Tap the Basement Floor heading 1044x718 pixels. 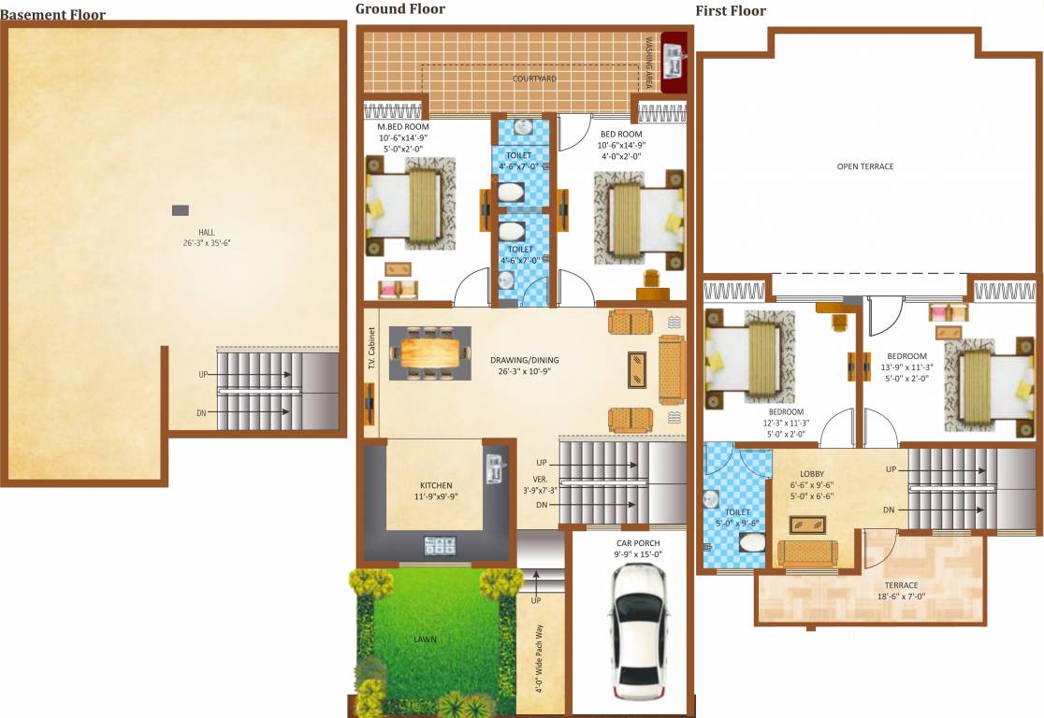(53, 15)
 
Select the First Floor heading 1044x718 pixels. (731, 11)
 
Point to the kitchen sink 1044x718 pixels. (494, 468)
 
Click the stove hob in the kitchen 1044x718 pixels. (440, 545)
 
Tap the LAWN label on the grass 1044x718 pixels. (426, 639)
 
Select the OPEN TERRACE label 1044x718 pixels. (864, 166)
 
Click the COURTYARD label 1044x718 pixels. (534, 79)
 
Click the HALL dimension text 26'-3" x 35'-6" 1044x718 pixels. (207, 243)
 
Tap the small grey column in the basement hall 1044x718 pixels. (181, 209)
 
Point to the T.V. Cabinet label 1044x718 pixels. (371, 349)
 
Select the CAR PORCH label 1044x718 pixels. (638, 543)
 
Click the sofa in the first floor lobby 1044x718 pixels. (807, 553)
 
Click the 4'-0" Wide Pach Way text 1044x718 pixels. (538, 659)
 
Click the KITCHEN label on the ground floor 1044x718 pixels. (436, 486)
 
